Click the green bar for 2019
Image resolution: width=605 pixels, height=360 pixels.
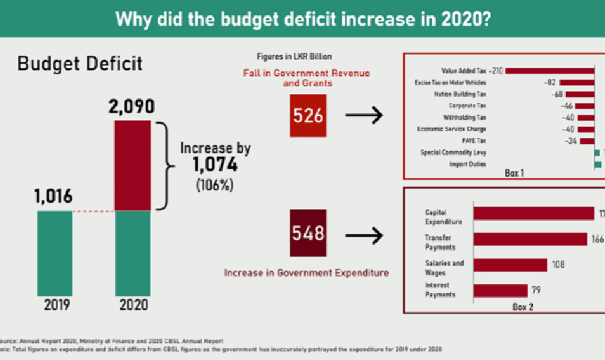point(54,253)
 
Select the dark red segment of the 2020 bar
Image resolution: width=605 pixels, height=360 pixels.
point(132,166)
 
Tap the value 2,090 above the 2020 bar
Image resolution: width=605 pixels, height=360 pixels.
point(132,107)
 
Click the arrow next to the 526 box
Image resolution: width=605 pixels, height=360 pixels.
point(364,116)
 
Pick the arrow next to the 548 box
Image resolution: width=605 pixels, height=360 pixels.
point(364,236)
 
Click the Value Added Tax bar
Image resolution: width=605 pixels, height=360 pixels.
point(550,71)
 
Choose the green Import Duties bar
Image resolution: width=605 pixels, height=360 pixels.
point(598,164)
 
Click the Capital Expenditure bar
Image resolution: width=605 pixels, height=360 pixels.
point(533,213)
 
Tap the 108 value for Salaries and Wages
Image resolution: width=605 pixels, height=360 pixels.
point(557,265)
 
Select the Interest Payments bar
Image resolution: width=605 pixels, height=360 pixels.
point(500,291)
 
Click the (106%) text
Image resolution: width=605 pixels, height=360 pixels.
point(214,185)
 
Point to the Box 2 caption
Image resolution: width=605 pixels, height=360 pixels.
point(523,306)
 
